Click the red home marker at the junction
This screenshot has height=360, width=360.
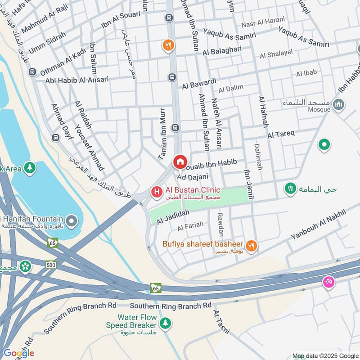[x=180, y=162]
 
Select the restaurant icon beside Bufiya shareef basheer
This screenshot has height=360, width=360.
[x=251, y=246]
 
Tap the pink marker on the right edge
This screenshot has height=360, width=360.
[x=328, y=282]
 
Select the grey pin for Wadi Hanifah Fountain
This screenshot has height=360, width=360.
[x=71, y=221]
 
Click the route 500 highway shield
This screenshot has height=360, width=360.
[x=51, y=265]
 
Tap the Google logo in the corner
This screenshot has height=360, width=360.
[x=18, y=353]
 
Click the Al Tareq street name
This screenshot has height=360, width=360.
[x=280, y=134]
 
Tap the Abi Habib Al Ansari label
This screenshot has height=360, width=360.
[x=77, y=80]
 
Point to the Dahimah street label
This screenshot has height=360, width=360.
[x=257, y=157]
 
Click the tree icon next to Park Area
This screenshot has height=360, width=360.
[x=30, y=168]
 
